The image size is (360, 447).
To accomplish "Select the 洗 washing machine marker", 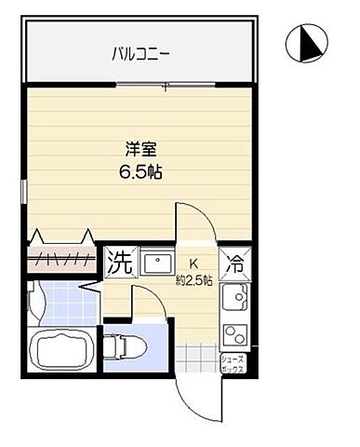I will tap(118, 261).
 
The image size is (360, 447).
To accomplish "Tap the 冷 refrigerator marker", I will tap(235, 264).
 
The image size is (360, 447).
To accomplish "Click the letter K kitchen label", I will tap(194, 264).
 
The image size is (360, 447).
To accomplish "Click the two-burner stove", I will tap(234, 331).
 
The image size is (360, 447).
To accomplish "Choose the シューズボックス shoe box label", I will tap(232, 363).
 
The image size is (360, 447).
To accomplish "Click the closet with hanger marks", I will tap(60, 257).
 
